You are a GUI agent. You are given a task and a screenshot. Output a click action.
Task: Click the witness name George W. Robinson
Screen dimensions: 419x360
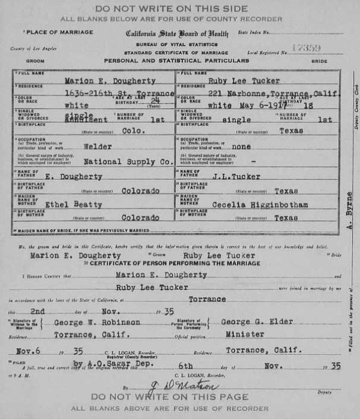(107, 323)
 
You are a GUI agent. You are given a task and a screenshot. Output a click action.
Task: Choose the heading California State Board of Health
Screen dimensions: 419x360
(176, 34)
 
